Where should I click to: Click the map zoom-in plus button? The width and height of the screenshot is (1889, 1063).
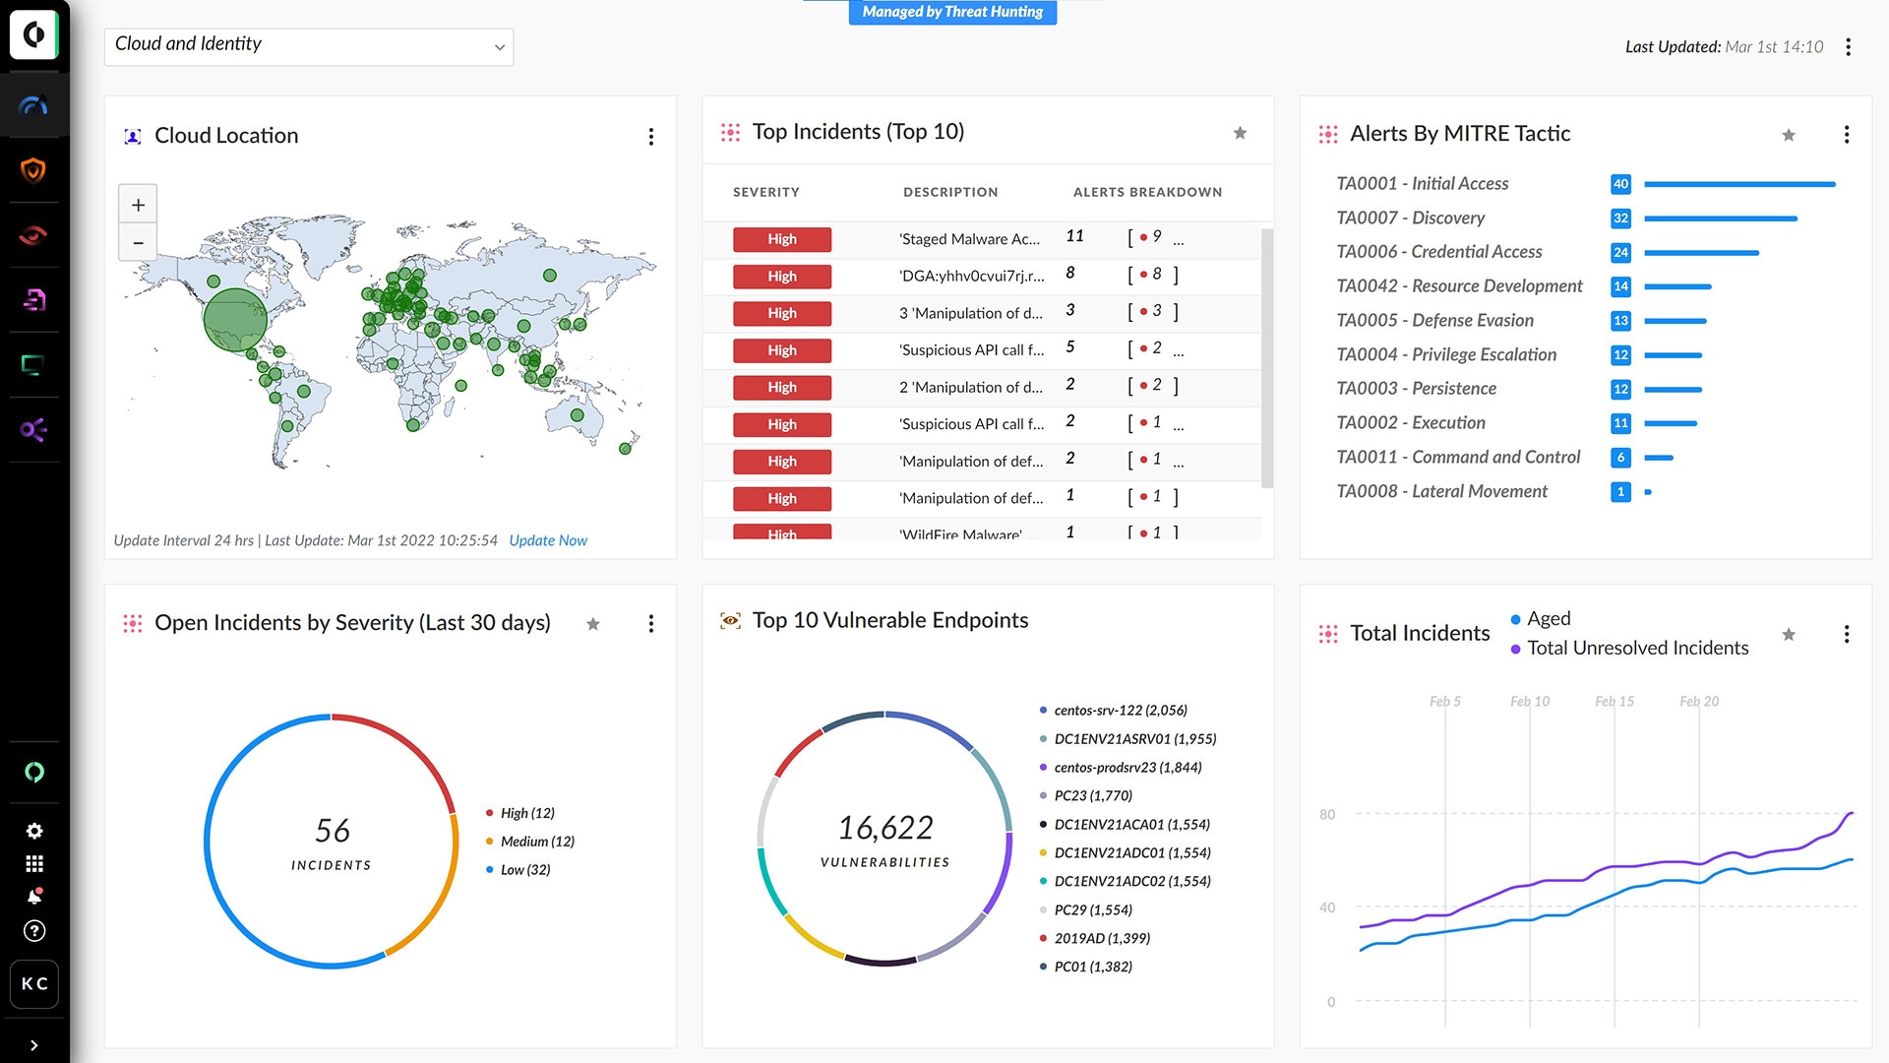[x=138, y=205]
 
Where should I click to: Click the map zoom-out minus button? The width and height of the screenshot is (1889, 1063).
[x=138, y=243]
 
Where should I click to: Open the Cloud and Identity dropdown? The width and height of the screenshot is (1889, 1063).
[x=308, y=46]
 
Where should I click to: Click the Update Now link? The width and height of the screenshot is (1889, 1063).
[x=547, y=540]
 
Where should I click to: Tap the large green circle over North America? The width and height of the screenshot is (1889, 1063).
[x=235, y=319]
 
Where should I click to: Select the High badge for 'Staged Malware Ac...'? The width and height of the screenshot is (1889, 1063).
[x=781, y=239]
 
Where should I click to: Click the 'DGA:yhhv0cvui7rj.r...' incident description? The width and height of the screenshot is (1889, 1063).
[x=971, y=276]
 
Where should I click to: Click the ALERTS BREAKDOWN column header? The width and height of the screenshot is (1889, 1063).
[x=1147, y=192]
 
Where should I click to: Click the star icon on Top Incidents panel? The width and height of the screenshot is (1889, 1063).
[x=1240, y=133]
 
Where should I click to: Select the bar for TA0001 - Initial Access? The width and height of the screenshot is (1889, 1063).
[x=1738, y=184]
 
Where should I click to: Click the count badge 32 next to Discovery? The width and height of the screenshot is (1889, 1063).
[x=1620, y=219]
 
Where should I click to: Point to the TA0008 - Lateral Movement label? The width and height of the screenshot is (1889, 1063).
[x=1441, y=491]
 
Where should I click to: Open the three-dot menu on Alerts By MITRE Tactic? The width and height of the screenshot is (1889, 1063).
[x=1847, y=135]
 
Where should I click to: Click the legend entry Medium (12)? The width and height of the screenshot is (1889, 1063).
[x=536, y=842]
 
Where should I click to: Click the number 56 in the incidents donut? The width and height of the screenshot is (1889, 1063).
[x=332, y=831]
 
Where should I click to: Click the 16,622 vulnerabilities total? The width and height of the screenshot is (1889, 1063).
[x=884, y=828]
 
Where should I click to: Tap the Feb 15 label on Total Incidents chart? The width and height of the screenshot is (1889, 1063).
[x=1614, y=702]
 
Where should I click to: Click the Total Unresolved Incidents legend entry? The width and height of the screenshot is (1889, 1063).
[x=1637, y=648]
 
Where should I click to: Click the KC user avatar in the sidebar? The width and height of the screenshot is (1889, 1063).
[x=34, y=983]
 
